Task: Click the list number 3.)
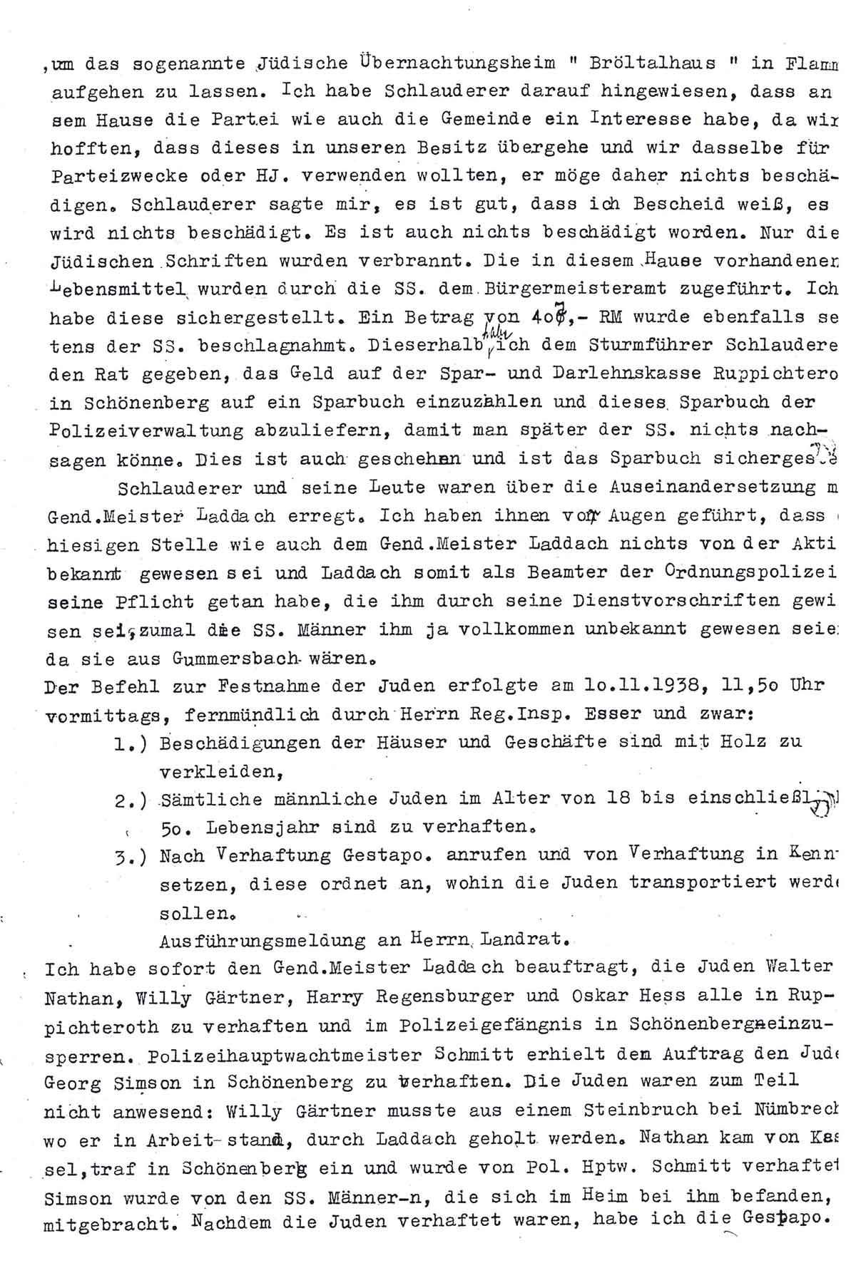[x=130, y=855]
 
